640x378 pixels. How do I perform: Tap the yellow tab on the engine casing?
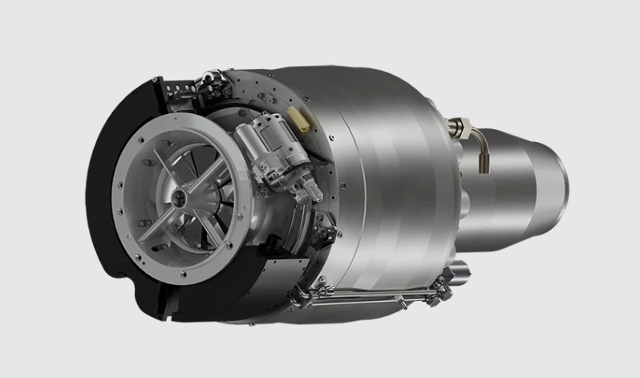coord(302,121)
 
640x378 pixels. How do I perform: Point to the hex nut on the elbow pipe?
coord(460,125)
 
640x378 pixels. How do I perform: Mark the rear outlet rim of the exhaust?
coord(562,181)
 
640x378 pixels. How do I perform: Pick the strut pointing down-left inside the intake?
coord(157,226)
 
